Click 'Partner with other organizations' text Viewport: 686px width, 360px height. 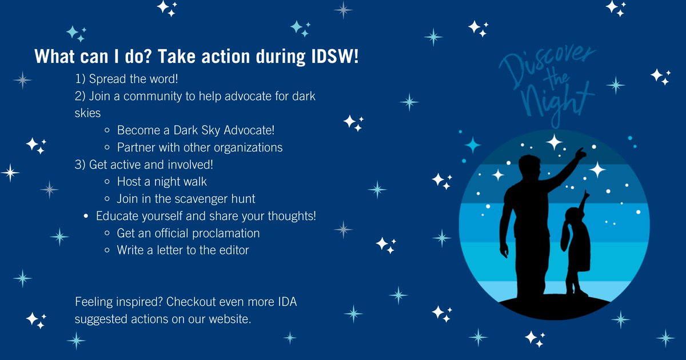coord(200,147)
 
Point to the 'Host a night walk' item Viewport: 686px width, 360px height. coord(162,182)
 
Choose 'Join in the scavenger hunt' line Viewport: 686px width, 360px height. coord(186,199)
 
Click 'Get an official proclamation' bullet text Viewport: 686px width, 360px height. coord(188,233)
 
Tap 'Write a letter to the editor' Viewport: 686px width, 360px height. coord(183,250)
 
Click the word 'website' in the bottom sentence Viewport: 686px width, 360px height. coord(229,318)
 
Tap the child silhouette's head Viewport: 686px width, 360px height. coord(574,217)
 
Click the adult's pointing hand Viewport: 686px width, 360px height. coord(580,153)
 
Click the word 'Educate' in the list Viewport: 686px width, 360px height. coord(117,216)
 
